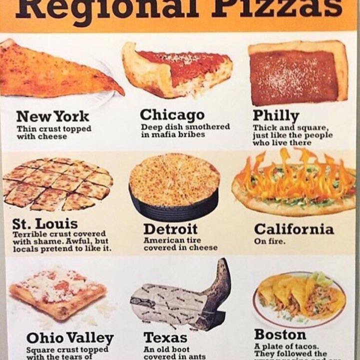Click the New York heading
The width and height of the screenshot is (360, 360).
(x=52, y=116)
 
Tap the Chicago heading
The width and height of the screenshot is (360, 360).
(x=172, y=114)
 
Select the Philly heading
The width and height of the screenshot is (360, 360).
(x=275, y=114)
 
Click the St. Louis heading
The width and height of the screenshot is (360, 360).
(x=45, y=223)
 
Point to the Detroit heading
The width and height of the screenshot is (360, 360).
(x=170, y=229)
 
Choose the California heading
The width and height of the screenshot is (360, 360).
(x=293, y=229)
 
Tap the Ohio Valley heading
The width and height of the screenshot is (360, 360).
(x=69, y=338)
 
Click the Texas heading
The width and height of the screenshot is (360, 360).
(x=165, y=338)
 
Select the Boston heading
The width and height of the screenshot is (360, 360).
(x=280, y=334)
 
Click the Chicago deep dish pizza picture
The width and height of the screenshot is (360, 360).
(x=177, y=70)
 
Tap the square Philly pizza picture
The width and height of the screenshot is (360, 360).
(x=298, y=73)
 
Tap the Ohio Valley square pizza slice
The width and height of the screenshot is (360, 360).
(x=57, y=292)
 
